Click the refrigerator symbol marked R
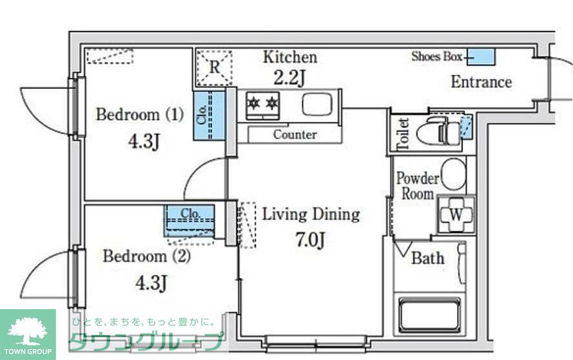tap(215, 68)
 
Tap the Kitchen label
tap(290, 57)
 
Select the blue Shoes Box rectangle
tap(481, 57)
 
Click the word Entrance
tap(481, 82)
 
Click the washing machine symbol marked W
tap(456, 214)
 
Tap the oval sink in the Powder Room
tap(454, 174)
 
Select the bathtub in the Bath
tap(429, 314)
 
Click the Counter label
tap(295, 135)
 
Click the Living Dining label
tap(311, 214)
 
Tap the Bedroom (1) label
tap(140, 115)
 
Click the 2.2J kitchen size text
tap(289, 77)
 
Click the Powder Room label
tap(418, 186)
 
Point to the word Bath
tap(428, 258)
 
